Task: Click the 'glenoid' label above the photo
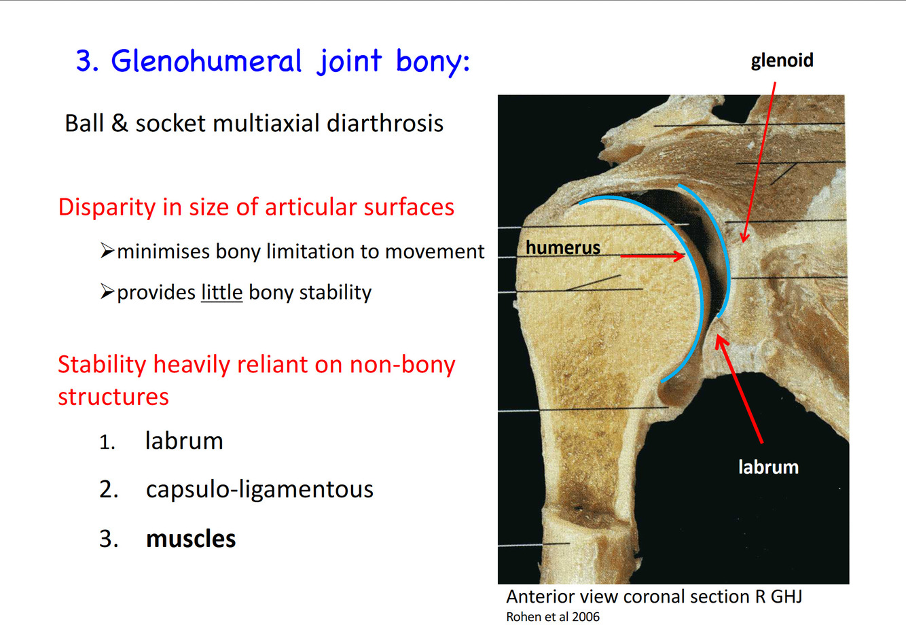click(x=782, y=60)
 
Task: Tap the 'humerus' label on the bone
click(x=562, y=247)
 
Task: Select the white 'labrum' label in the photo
click(x=768, y=467)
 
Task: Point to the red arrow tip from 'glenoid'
click(x=744, y=240)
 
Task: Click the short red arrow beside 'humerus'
click(x=652, y=256)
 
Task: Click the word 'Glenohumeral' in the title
click(x=206, y=61)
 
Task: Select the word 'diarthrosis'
click(x=385, y=124)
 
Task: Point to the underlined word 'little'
click(x=221, y=292)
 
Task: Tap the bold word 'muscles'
click(x=191, y=539)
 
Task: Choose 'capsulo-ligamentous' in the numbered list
click(x=259, y=489)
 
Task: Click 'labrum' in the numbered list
click(x=184, y=441)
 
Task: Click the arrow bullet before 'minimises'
click(x=107, y=251)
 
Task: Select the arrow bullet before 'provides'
click(x=107, y=292)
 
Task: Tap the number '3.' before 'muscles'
click(x=109, y=539)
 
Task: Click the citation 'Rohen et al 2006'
click(x=553, y=617)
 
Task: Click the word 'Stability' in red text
click(x=102, y=365)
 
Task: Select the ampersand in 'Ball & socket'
click(x=120, y=124)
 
